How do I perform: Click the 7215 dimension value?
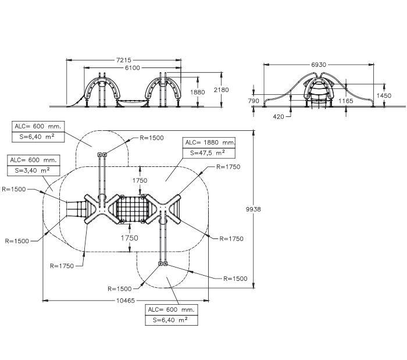point(123,60)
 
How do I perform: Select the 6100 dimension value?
point(133,68)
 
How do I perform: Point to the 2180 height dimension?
point(221,90)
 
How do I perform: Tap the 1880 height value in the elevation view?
point(198,92)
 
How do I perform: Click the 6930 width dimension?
point(319,65)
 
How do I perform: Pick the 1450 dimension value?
point(384,95)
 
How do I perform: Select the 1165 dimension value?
point(346,101)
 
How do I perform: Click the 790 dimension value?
point(254,101)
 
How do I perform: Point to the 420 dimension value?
point(279,117)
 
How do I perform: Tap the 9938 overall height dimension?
point(254,209)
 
